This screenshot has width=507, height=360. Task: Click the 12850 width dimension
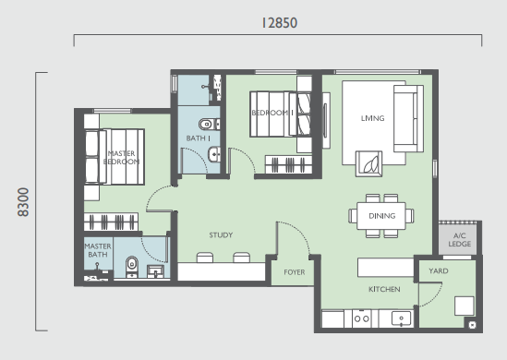click(x=280, y=23)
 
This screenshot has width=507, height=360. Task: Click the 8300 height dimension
click(x=23, y=202)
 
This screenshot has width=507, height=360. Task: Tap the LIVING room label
click(x=372, y=118)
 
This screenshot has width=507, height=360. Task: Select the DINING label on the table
click(x=382, y=216)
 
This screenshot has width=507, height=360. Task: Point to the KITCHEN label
click(x=384, y=289)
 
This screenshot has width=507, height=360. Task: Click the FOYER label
click(x=295, y=272)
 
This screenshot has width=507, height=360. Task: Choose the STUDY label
click(x=221, y=235)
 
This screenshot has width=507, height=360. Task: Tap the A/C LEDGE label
click(x=460, y=240)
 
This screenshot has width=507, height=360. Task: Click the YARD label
click(x=439, y=270)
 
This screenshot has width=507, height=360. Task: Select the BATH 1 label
click(x=199, y=138)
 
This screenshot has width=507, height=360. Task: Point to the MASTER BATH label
click(x=98, y=250)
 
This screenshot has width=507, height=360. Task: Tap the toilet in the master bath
click(x=132, y=267)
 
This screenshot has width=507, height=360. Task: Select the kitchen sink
click(x=402, y=318)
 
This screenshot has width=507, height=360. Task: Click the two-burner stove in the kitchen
click(x=361, y=318)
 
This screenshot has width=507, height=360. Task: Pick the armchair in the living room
click(x=368, y=163)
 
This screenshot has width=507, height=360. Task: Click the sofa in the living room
click(x=408, y=118)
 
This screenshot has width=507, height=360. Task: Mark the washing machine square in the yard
click(x=464, y=306)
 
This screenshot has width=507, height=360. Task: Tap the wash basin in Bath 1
click(x=214, y=154)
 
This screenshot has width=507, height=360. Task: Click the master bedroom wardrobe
click(x=111, y=222)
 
